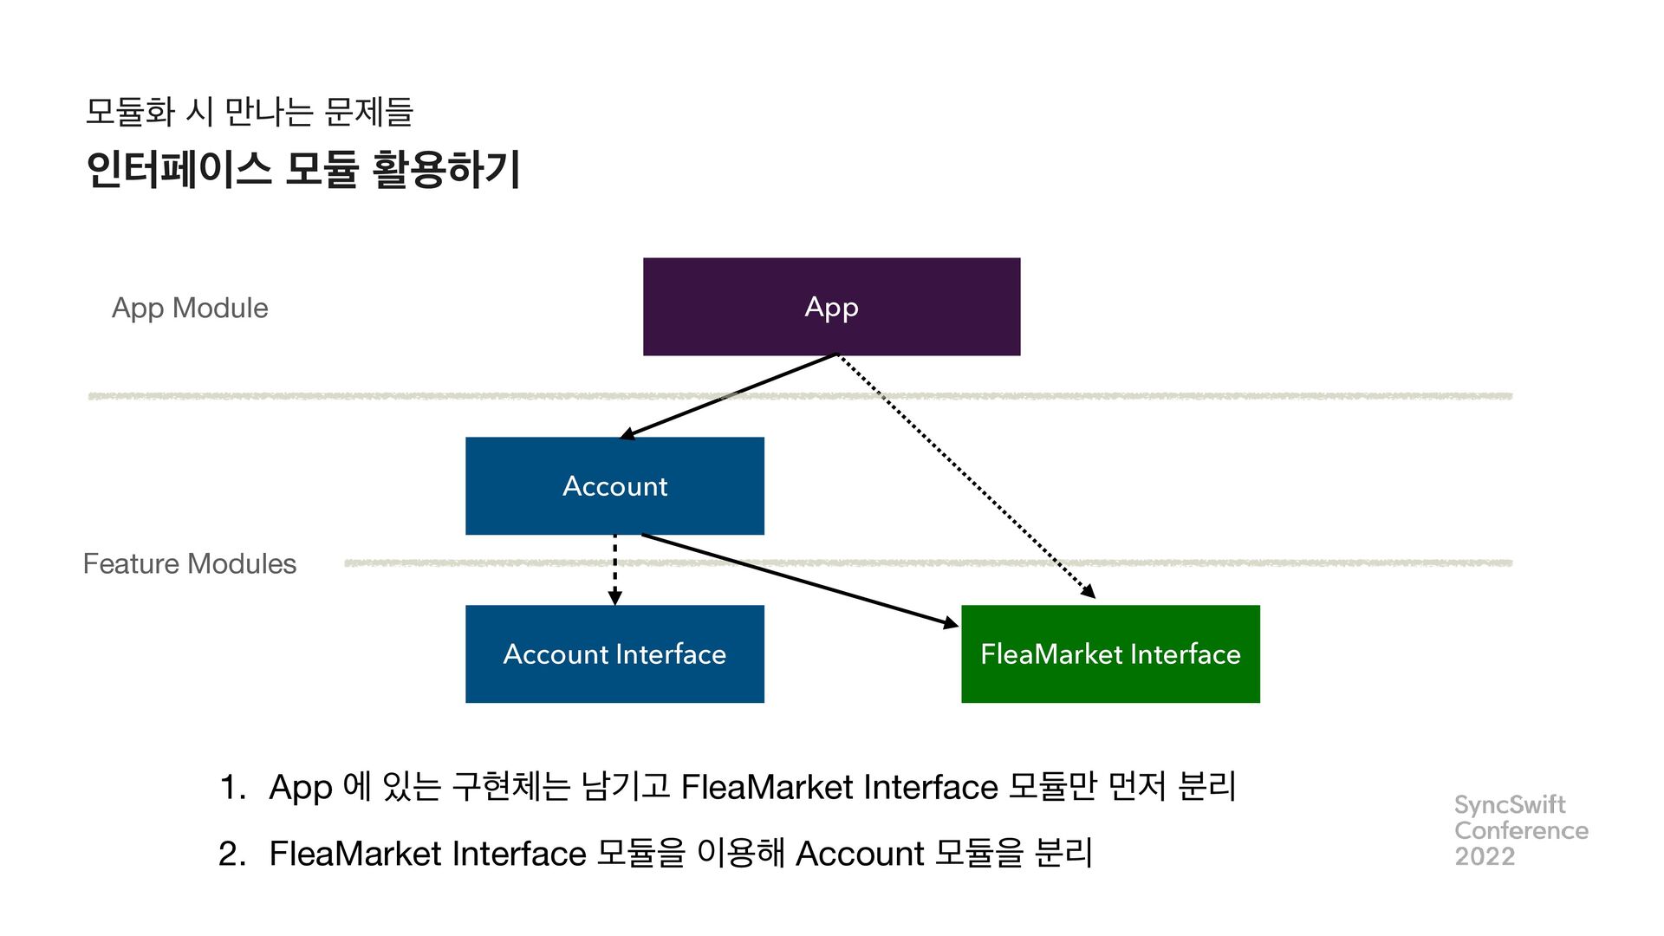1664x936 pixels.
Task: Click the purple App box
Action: click(x=831, y=307)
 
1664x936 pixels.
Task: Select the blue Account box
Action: click(x=614, y=486)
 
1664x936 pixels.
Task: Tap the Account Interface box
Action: click(x=614, y=654)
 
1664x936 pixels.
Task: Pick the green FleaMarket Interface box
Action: click(x=1110, y=654)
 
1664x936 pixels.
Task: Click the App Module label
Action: click(x=190, y=309)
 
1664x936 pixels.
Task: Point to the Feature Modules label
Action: click(x=190, y=564)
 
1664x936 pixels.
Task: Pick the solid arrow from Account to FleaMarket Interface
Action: click(x=797, y=579)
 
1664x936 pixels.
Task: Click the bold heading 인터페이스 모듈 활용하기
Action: click(x=303, y=169)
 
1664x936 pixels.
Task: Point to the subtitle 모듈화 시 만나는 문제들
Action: click(x=250, y=111)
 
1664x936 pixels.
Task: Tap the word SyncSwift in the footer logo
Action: click(x=1510, y=805)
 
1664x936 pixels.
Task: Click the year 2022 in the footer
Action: click(x=1485, y=856)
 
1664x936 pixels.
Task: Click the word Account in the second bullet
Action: click(x=860, y=855)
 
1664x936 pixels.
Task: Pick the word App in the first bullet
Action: click(x=301, y=789)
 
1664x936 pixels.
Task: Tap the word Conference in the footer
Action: click(x=1521, y=830)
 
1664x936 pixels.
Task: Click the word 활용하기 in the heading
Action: click(x=446, y=169)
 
